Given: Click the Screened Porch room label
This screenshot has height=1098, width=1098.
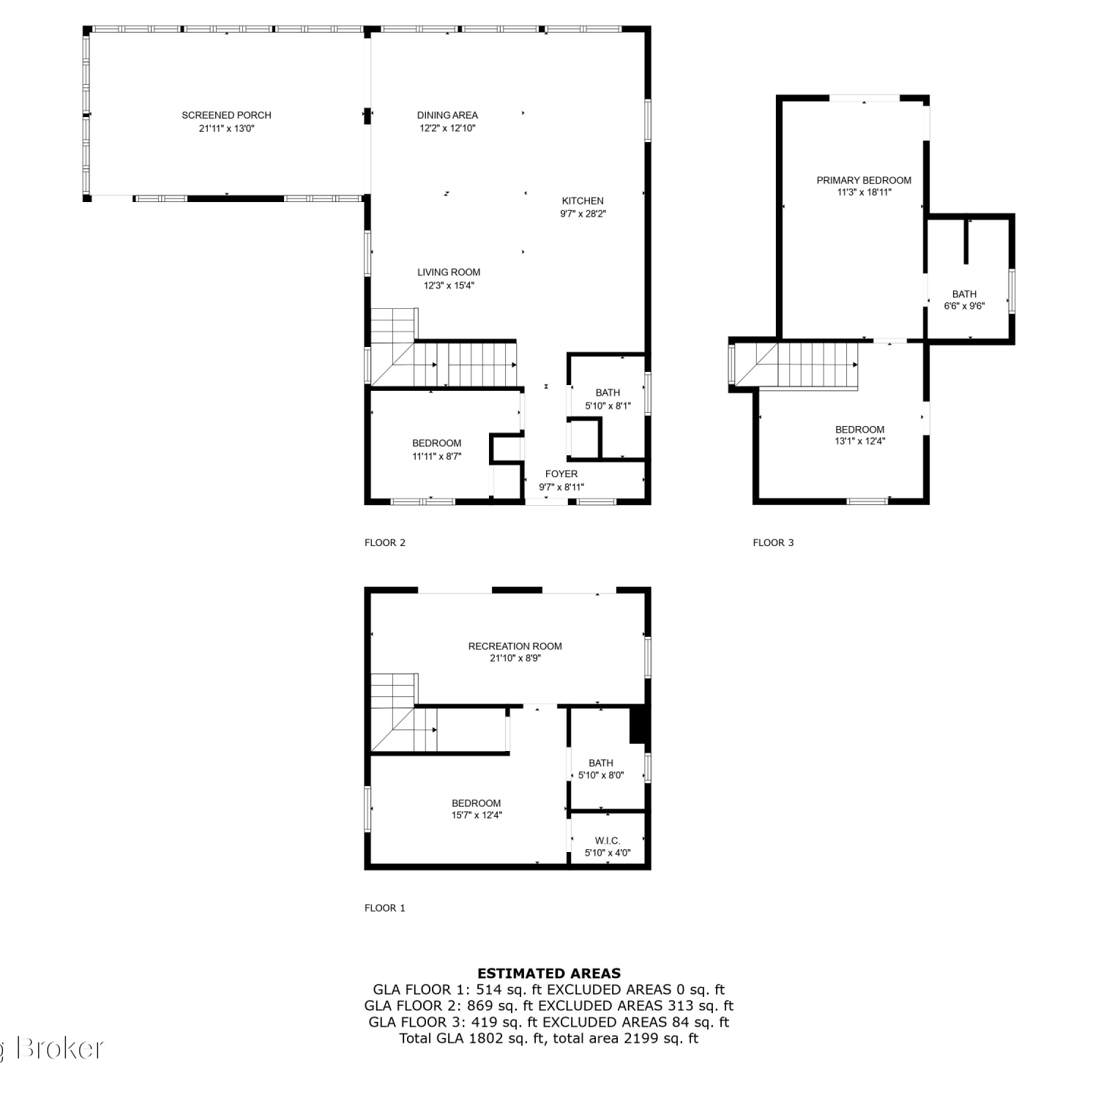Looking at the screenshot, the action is [x=226, y=115].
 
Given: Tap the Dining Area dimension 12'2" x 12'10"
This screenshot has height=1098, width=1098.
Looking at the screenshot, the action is [x=447, y=128].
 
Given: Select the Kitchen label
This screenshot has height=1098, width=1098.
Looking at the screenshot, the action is [x=583, y=201].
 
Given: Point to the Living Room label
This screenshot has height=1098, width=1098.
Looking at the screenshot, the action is [x=449, y=272].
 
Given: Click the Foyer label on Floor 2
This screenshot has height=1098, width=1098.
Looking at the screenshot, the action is [x=561, y=474].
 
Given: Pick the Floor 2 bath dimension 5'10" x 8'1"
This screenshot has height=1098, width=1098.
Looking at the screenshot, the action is [x=608, y=406].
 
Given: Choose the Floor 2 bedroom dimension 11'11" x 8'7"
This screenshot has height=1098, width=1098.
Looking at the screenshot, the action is [x=437, y=456].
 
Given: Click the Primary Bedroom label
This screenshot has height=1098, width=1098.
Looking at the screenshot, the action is [x=864, y=180].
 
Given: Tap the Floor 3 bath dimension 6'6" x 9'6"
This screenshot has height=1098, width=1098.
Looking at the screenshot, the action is [x=964, y=306].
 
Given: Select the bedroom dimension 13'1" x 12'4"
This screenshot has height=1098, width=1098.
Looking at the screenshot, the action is [x=860, y=441].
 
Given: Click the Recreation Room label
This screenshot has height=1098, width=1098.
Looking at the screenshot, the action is [x=515, y=646].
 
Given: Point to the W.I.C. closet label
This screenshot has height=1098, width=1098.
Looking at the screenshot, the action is [x=608, y=840].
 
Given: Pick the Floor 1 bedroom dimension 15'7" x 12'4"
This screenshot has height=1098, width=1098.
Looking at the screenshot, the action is [x=477, y=815].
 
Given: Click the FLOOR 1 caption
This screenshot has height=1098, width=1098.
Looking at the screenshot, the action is [x=385, y=908].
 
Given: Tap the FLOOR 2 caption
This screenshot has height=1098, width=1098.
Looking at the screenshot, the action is [x=385, y=542].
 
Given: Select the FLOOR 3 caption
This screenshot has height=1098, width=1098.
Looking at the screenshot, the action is [x=773, y=542].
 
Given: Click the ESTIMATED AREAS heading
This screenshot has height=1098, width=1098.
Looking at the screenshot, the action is [x=549, y=974].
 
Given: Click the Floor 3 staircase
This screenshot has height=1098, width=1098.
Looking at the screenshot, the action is [x=796, y=365].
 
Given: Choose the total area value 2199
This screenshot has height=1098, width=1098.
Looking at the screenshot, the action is [x=638, y=1038].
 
